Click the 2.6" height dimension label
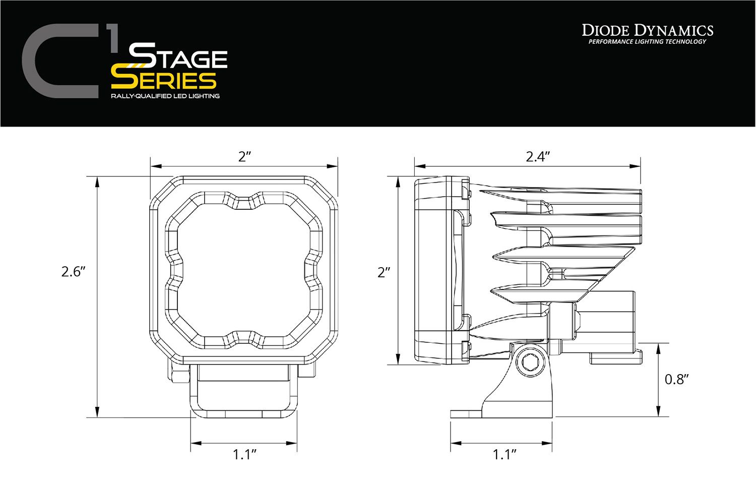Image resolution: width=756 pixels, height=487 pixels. (74, 272)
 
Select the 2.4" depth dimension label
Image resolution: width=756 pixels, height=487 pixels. (537, 156)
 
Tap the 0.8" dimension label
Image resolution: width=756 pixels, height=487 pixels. (676, 379)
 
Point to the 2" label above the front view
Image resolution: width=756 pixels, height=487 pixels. (244, 156)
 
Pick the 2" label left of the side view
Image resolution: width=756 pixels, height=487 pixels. (384, 272)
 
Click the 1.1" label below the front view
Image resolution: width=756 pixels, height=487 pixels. (245, 455)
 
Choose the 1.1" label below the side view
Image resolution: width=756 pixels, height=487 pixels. (505, 455)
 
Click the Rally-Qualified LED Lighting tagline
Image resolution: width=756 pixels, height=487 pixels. (165, 96)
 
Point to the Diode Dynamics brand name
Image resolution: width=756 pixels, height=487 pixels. (648, 30)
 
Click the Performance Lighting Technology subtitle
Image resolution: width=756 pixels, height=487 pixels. (648, 42)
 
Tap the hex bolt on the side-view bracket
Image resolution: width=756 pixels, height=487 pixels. (530, 361)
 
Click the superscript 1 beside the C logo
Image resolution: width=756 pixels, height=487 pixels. (113, 40)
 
